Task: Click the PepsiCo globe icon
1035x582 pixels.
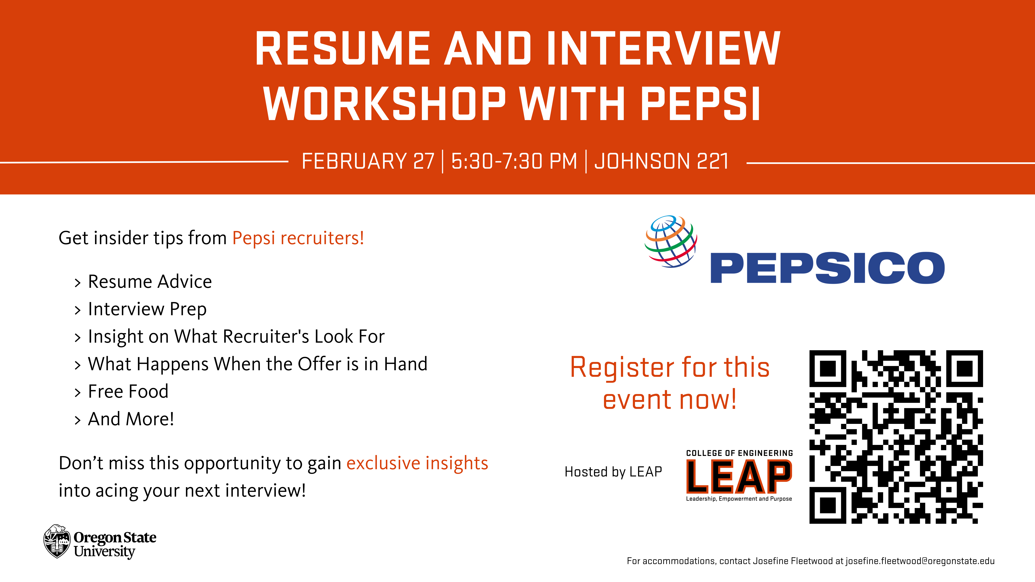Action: click(x=671, y=241)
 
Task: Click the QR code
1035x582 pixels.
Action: click(x=896, y=437)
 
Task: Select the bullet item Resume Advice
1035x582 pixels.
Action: click(x=149, y=282)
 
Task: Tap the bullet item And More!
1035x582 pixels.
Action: click(x=131, y=419)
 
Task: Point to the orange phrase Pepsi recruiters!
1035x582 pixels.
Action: click(x=298, y=238)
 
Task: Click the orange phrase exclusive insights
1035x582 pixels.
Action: click(x=417, y=463)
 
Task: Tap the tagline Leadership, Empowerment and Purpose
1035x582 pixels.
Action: click(x=739, y=499)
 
